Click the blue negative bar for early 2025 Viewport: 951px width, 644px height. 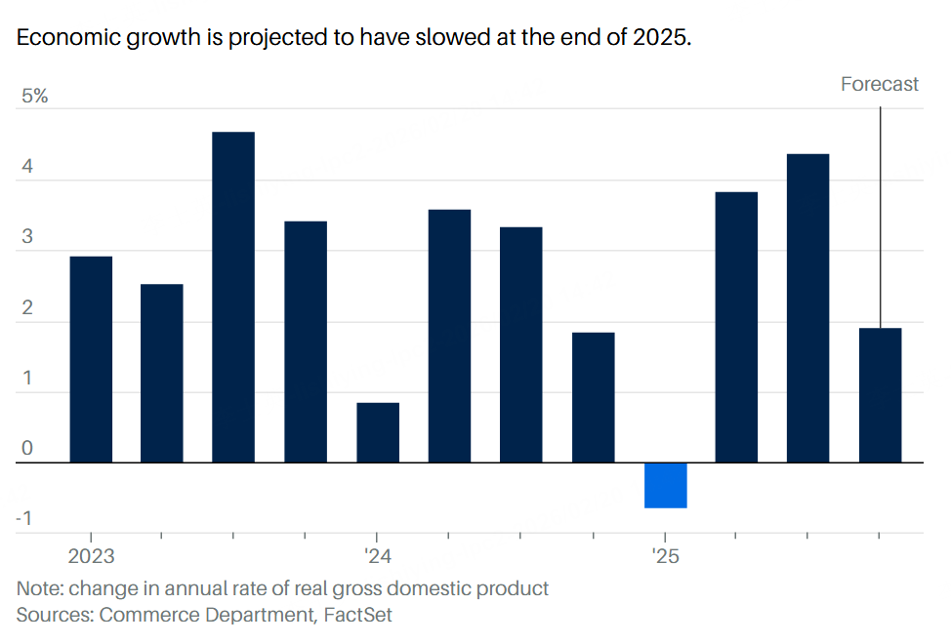tap(665, 485)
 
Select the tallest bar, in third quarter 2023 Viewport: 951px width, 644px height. tap(233, 297)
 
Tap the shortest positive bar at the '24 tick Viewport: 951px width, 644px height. tap(377, 432)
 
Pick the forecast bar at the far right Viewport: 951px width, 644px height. tap(880, 395)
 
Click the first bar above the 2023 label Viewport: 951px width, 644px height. tap(91, 359)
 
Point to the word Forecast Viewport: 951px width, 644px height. tap(879, 84)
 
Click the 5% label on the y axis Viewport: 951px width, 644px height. tap(35, 97)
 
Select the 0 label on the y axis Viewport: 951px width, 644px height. tap(27, 449)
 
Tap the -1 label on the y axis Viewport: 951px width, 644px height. tap(24, 518)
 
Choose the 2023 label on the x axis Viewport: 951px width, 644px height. tap(91, 557)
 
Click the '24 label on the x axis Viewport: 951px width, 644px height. tap(378, 557)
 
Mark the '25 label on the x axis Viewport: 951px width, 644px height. tap(665, 557)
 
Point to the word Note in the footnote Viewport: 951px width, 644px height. tap(37, 588)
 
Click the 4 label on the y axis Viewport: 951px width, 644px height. tap(27, 167)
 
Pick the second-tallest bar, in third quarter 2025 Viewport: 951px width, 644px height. tap(808, 307)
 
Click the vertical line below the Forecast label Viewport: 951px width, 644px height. tap(881, 215)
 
